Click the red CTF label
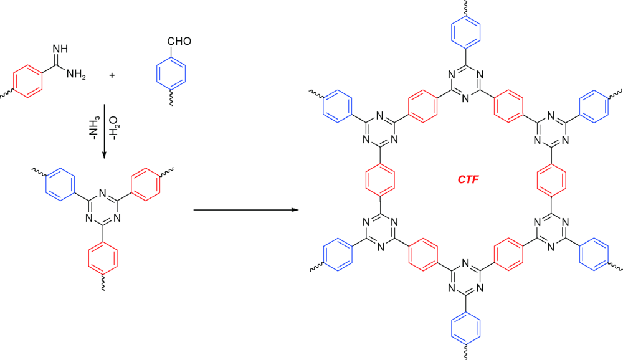[x=468, y=179]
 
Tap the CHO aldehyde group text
[x=179, y=41]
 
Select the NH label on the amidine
[x=60, y=49]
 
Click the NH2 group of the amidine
[x=76, y=74]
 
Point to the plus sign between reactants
[x=112, y=75]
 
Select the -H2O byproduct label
[x=114, y=128]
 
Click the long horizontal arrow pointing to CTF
[x=246, y=209]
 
